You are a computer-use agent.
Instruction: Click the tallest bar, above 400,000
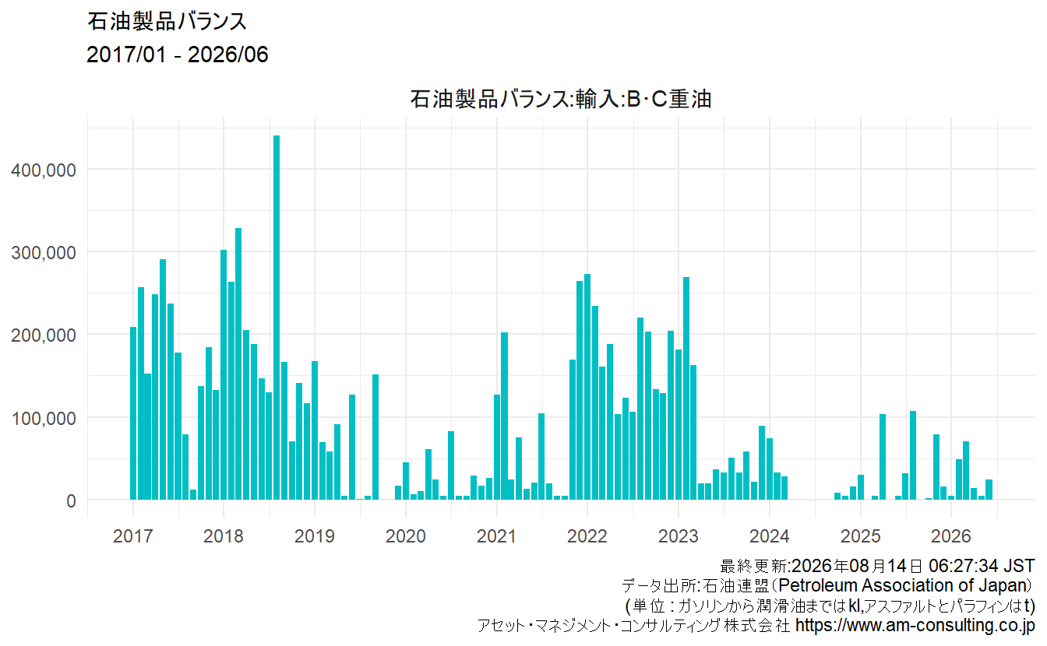coord(277,318)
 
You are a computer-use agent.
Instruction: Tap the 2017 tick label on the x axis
coord(132,536)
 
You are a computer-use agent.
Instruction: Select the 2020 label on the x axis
coord(406,536)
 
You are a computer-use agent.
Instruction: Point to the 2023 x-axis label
coord(679,536)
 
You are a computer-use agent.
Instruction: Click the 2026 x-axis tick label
coord(950,536)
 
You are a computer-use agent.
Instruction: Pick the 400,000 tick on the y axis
coord(44,170)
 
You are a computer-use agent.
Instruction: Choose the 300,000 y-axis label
coord(44,253)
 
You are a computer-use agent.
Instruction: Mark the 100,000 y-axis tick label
coord(44,419)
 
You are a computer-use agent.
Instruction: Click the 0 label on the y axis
coord(71,501)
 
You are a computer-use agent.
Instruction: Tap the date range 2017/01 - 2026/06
coord(177,54)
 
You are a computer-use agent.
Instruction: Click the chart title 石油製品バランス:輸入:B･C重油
coord(560,99)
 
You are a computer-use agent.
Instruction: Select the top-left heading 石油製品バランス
coord(167,22)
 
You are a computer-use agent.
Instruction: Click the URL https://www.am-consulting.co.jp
coord(915,625)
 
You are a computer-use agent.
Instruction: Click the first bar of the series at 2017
coord(133,413)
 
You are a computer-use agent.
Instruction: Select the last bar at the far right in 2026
coord(989,490)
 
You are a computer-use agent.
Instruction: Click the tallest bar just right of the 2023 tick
coord(686,388)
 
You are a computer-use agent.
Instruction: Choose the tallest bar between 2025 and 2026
coord(913,455)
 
